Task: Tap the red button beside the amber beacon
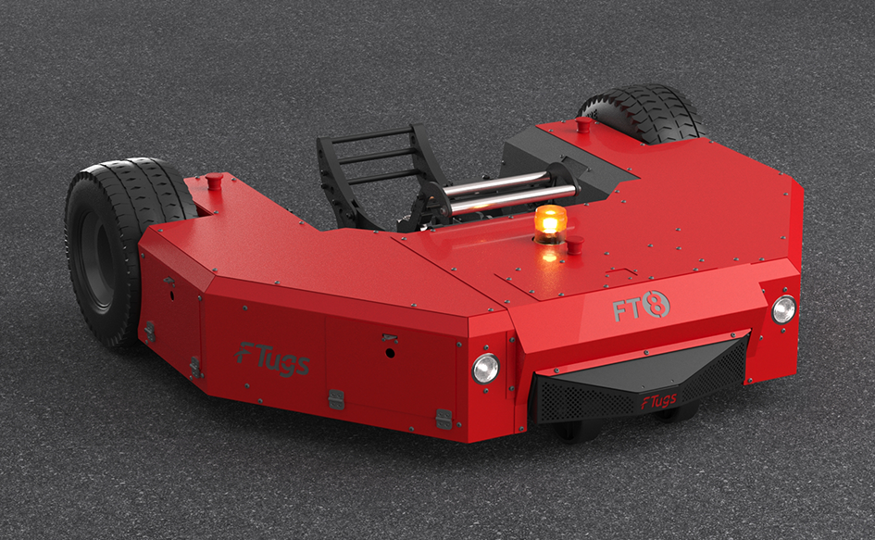pos(575,244)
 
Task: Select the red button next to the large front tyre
pos(214,181)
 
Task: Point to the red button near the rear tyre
pos(583,123)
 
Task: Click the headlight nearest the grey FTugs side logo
pos(485,369)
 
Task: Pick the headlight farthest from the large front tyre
pos(783,309)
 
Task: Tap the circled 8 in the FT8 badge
pos(656,305)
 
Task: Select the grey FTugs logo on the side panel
pos(272,358)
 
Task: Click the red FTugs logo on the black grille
pos(659,401)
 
